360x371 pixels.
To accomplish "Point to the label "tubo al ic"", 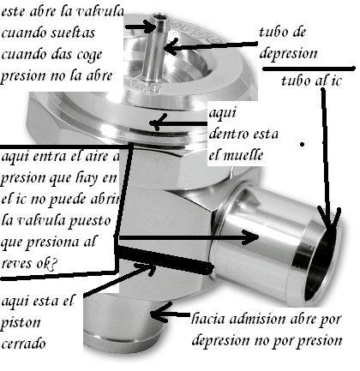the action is pos(311,81).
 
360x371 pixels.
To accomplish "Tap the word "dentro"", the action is pos(230,134).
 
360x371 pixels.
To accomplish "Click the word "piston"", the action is pos(21,324).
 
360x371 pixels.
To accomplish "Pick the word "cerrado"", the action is pos(23,343).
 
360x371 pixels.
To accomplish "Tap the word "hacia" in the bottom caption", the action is pos(208,319).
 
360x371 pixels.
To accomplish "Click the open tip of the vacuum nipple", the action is pos(159,17).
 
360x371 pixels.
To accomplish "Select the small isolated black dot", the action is pos(303,145).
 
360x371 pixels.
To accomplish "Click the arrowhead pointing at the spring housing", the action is pos(158,123).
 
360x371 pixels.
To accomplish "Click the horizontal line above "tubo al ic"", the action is pos(309,69).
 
